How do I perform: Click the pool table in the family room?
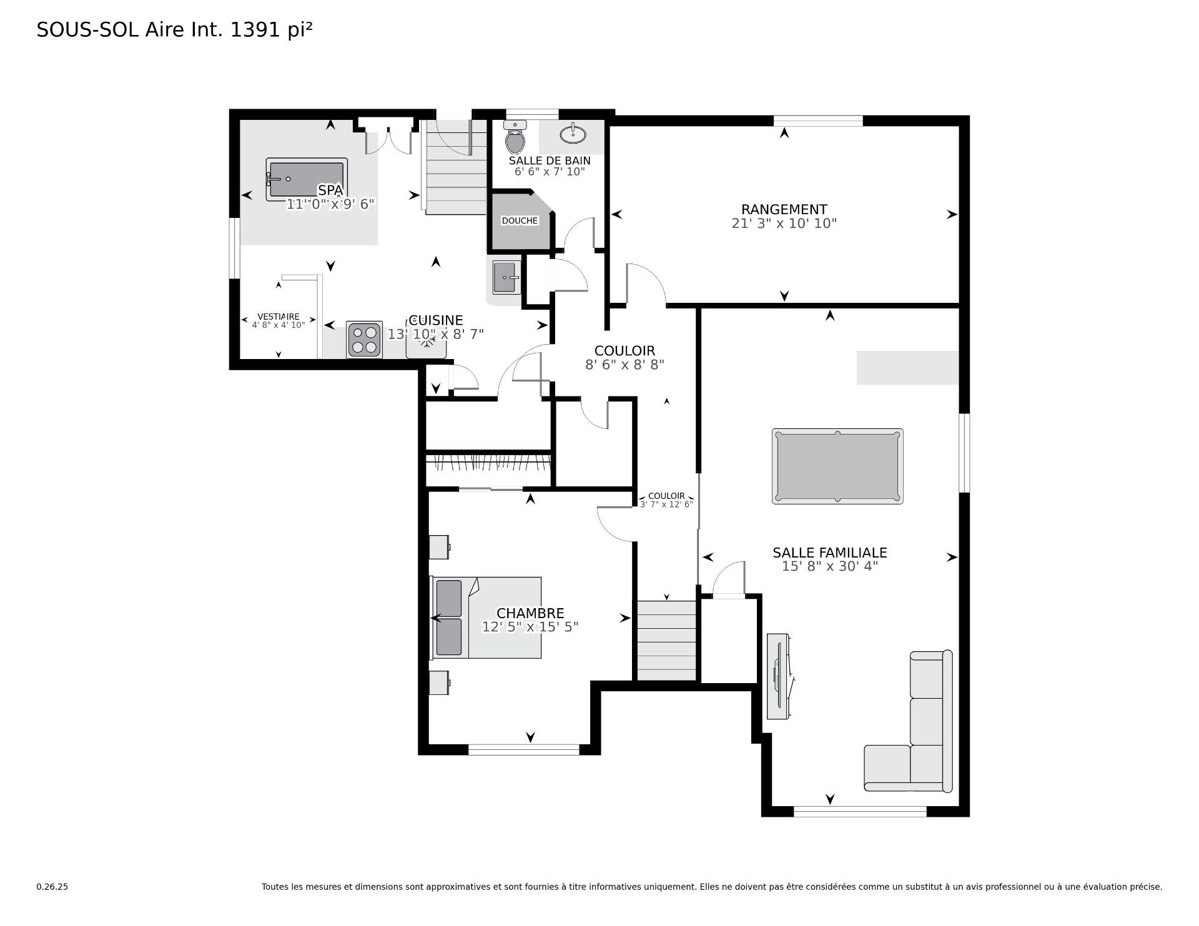tap(837, 466)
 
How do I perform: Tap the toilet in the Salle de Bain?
tap(515, 137)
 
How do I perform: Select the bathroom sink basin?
tap(573, 134)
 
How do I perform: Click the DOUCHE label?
tap(520, 220)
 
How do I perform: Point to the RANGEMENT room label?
tap(784, 210)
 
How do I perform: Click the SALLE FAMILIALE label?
tap(830, 553)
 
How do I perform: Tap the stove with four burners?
tap(365, 340)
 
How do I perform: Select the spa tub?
tap(306, 179)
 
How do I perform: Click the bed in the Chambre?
tap(486, 618)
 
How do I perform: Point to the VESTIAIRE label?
tap(279, 317)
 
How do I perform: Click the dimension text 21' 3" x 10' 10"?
tap(784, 224)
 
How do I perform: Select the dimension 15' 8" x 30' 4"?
tap(830, 566)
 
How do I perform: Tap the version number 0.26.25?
tap(52, 887)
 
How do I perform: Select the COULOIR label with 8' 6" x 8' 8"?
tap(624, 351)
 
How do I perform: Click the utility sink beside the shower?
tap(506, 277)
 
